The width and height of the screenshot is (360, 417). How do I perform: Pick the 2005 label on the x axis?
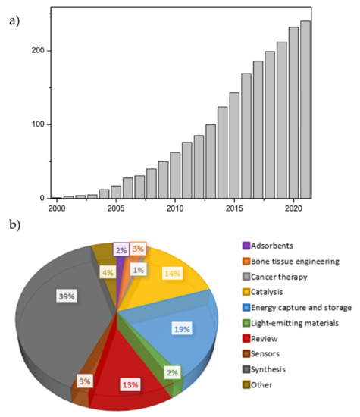click(115, 208)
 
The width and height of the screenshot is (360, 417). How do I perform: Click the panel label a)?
click(14, 20)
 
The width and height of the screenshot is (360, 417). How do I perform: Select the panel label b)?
click(14, 226)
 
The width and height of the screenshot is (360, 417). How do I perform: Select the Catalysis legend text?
click(274, 292)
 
